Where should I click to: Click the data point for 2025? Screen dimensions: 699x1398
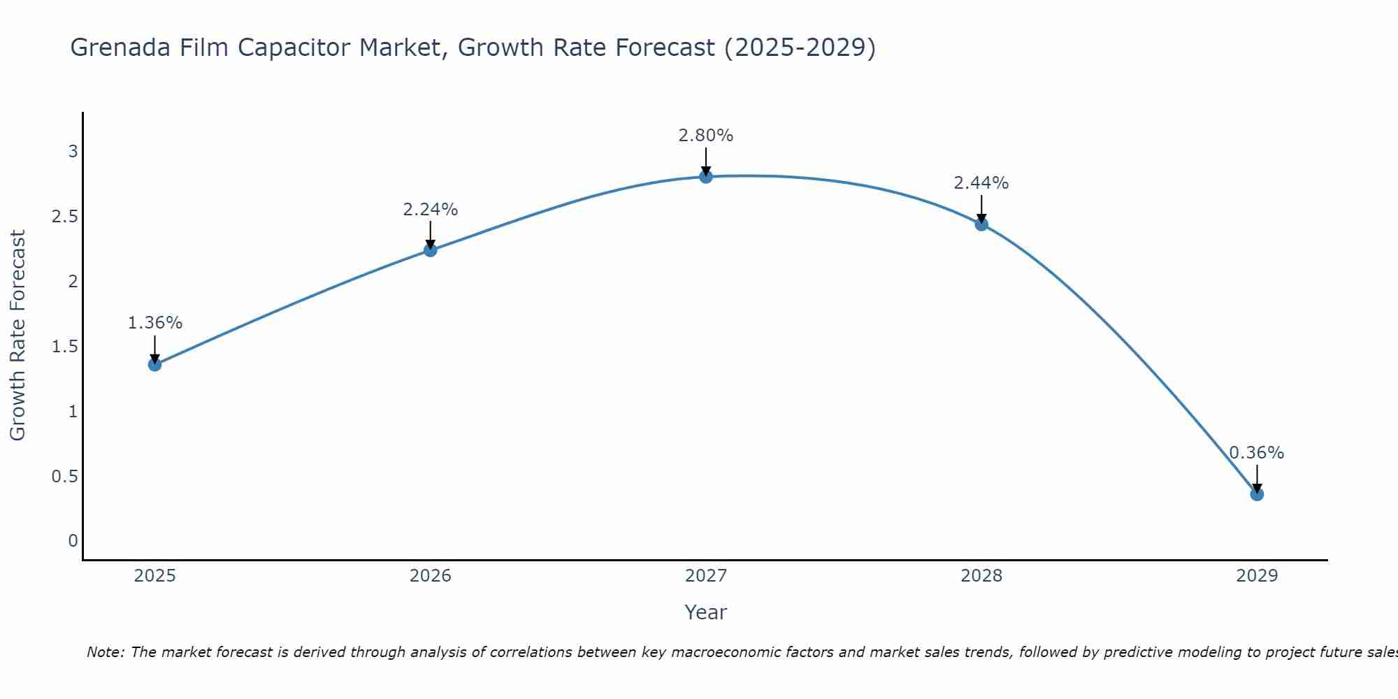click(154, 364)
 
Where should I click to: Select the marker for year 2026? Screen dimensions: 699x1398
click(431, 250)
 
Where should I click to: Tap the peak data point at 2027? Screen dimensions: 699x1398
click(706, 177)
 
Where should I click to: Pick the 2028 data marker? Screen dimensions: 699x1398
click(981, 224)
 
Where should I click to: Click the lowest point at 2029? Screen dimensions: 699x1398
click(1257, 494)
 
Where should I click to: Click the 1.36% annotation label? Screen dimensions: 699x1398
click(154, 323)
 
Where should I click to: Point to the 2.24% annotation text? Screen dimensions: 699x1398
click(431, 209)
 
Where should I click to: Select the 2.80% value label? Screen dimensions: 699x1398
click(706, 136)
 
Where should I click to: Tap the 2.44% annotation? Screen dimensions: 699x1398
click(981, 183)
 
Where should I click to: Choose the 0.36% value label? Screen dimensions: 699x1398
click(1257, 453)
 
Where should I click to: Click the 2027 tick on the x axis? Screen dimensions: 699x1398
click(706, 576)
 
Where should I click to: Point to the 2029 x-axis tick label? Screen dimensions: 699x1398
click(1257, 576)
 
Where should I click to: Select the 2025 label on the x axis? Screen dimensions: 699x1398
click(154, 576)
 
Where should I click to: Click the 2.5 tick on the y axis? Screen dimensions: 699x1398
click(64, 217)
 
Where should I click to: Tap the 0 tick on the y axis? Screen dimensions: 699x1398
click(73, 541)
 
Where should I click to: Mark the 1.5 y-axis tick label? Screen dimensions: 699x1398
click(64, 347)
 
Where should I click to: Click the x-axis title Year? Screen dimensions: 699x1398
click(706, 612)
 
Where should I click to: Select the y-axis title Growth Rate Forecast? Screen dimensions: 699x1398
click(17, 336)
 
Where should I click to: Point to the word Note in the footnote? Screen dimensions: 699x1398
click(105, 652)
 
